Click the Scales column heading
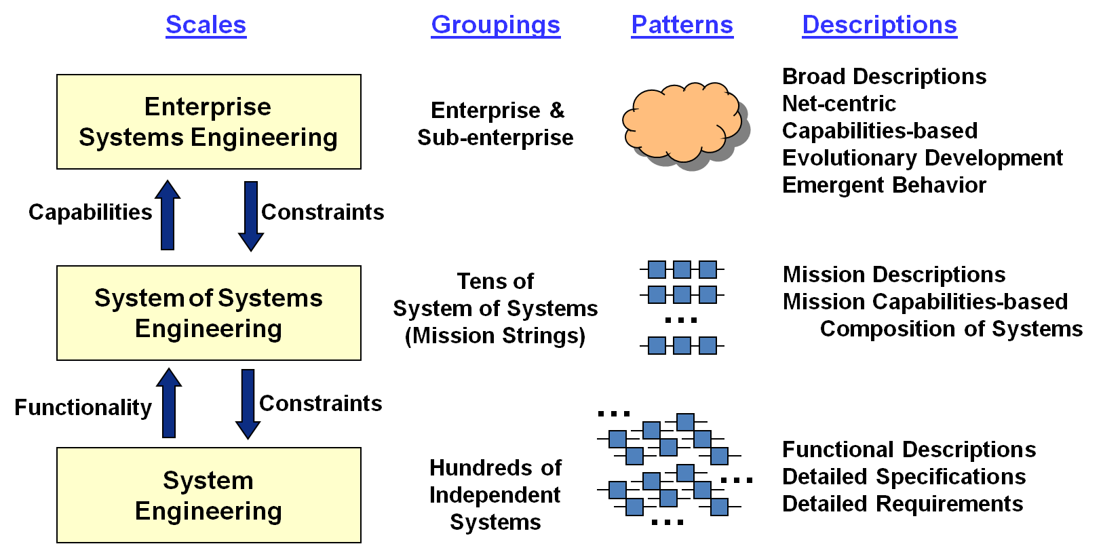(x=206, y=25)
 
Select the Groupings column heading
(x=495, y=25)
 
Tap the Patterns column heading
(x=682, y=25)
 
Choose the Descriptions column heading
(x=879, y=25)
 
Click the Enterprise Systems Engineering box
(x=208, y=122)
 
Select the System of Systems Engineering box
(x=208, y=313)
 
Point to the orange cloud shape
(x=682, y=122)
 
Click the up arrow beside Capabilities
(x=168, y=215)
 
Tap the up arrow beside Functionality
(x=169, y=403)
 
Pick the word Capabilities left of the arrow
(x=90, y=212)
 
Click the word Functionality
(x=83, y=407)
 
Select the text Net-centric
(x=839, y=104)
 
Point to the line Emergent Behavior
(x=884, y=185)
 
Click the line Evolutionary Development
(x=922, y=158)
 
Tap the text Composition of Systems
(x=951, y=329)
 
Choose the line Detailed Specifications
(x=904, y=477)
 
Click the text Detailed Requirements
(x=902, y=504)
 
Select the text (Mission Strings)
(x=495, y=336)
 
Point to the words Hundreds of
(x=495, y=468)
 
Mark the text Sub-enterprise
(x=495, y=138)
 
